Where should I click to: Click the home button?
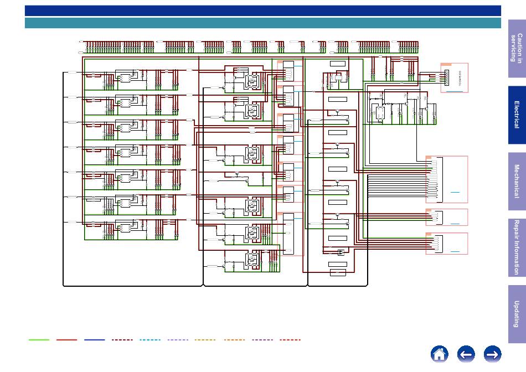pyautogui.click(x=440, y=354)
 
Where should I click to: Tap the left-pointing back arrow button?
pyautogui.click(x=466, y=354)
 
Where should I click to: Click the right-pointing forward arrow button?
pyautogui.click(x=492, y=354)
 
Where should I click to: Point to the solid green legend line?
pyautogui.click(x=39, y=340)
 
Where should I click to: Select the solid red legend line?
pyautogui.click(x=66, y=340)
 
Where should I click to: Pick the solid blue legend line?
pyautogui.click(x=95, y=340)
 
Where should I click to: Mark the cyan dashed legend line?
pyautogui.click(x=150, y=340)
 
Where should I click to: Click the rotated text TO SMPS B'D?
pyautogui.click(x=460, y=77)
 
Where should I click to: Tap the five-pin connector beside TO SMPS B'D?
pyautogui.click(x=445, y=77)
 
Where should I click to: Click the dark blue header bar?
pyautogui.click(x=263, y=11)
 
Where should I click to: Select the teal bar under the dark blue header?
pyautogui.click(x=263, y=23)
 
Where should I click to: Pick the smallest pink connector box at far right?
pyautogui.click(x=447, y=217)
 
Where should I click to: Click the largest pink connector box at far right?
pyautogui.click(x=447, y=179)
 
